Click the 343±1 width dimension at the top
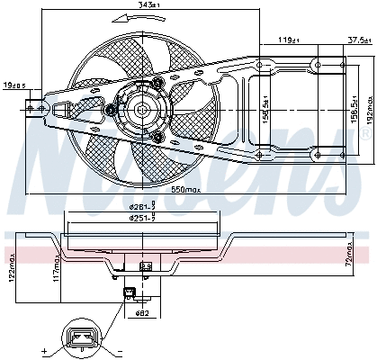138,6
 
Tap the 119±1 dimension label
288,40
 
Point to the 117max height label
56,267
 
